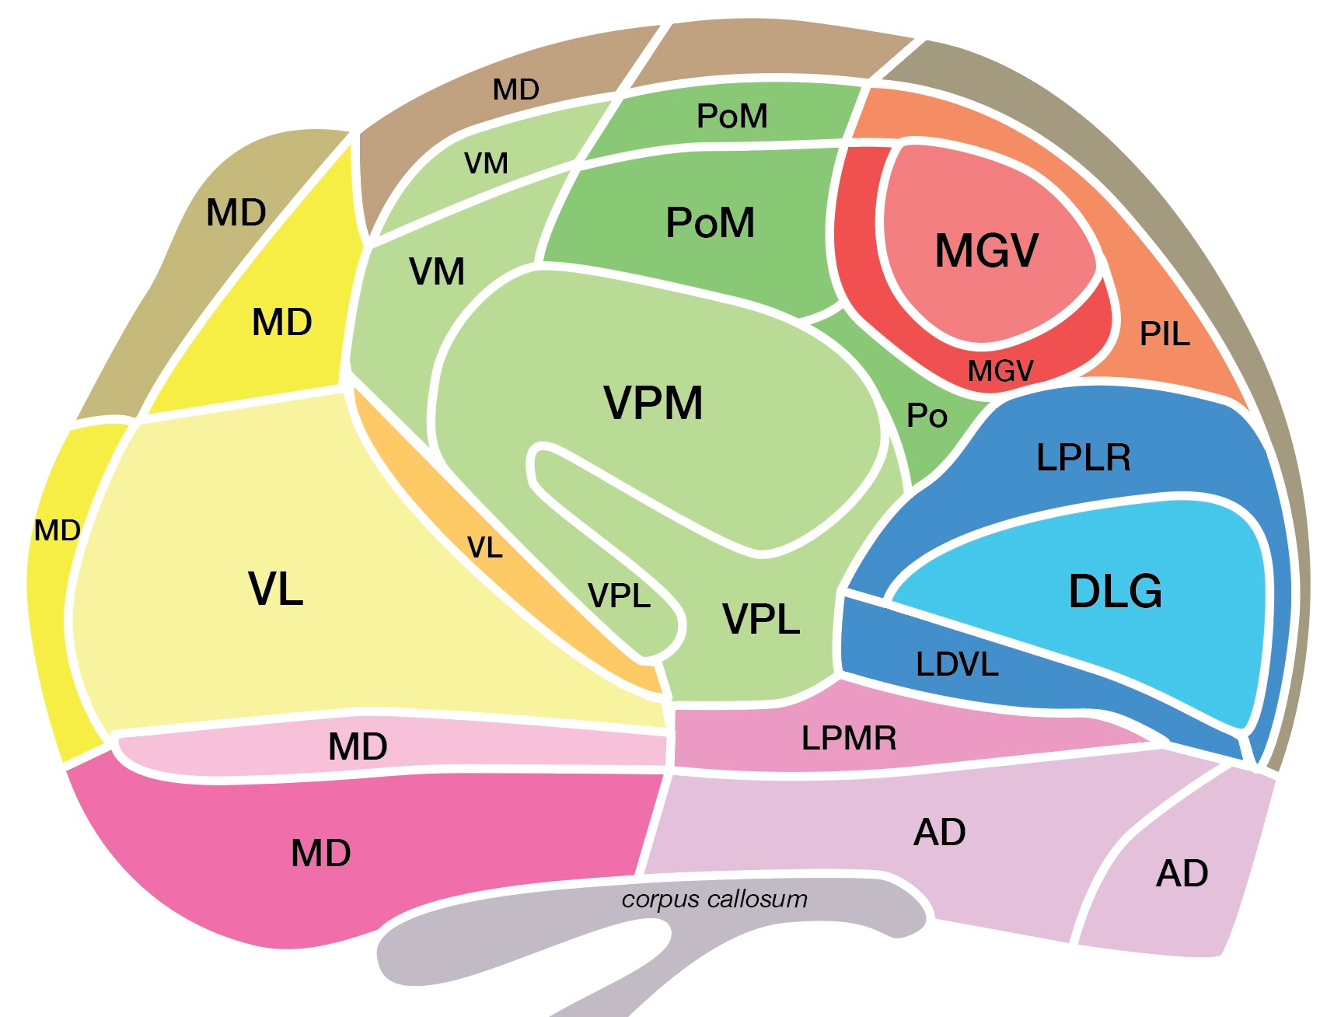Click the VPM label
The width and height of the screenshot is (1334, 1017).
tap(653, 403)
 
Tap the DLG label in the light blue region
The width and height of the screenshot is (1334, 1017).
tap(1115, 591)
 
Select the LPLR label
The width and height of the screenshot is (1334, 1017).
tap(1083, 457)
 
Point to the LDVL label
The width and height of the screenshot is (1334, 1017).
tap(957, 665)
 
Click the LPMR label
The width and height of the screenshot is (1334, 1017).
tap(849, 737)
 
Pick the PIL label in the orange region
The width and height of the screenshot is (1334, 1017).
tap(1165, 334)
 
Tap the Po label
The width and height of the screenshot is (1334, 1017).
tap(927, 417)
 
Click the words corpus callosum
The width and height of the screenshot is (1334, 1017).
tap(714, 899)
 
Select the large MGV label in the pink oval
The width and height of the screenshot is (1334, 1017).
tap(987, 250)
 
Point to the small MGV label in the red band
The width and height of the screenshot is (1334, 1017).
tap(1000, 371)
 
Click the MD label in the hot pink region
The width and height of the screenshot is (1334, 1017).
tap(320, 853)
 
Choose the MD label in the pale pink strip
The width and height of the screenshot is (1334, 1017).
tap(358, 746)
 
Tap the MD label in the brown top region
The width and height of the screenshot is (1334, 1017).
tap(515, 90)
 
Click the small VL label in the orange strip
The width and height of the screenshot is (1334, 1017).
tap(485, 547)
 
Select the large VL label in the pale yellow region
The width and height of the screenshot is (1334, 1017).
tap(275, 589)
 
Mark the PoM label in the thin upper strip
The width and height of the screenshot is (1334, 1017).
tap(732, 117)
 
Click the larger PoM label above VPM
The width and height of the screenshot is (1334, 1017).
tap(710, 223)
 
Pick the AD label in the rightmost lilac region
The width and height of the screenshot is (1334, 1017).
tap(1182, 873)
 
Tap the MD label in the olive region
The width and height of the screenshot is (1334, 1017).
tap(236, 212)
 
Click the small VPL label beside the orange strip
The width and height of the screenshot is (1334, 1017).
tap(619, 596)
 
